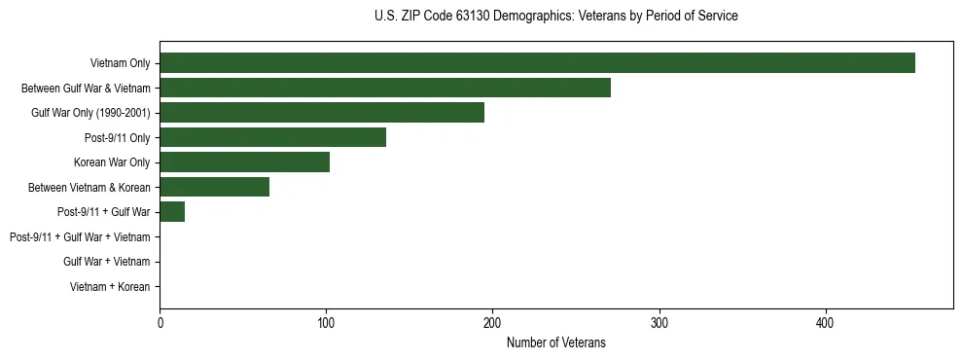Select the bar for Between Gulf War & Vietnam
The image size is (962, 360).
[x=385, y=88]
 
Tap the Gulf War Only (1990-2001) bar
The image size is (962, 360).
[x=322, y=112]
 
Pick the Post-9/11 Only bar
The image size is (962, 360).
[x=272, y=137]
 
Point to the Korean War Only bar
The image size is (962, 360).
[x=244, y=162]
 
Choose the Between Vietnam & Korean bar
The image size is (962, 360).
[x=214, y=187]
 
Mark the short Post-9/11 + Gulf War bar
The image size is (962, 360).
[x=172, y=211]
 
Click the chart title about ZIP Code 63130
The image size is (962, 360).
[x=555, y=17]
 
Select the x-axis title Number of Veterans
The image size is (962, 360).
[x=555, y=342]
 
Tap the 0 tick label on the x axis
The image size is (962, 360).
[x=160, y=323]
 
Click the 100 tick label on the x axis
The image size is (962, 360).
[x=326, y=323]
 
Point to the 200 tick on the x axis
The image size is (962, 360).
[x=492, y=323]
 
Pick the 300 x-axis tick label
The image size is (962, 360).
[x=659, y=323]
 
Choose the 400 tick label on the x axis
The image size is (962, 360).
[x=825, y=323]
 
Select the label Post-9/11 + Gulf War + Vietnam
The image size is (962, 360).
[x=80, y=236]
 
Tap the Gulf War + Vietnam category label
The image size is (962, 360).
[x=106, y=262]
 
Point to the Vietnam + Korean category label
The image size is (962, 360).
[x=110, y=287]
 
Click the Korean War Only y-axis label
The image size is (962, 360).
[x=112, y=162]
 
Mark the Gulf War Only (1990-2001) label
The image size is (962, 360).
[x=90, y=113]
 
